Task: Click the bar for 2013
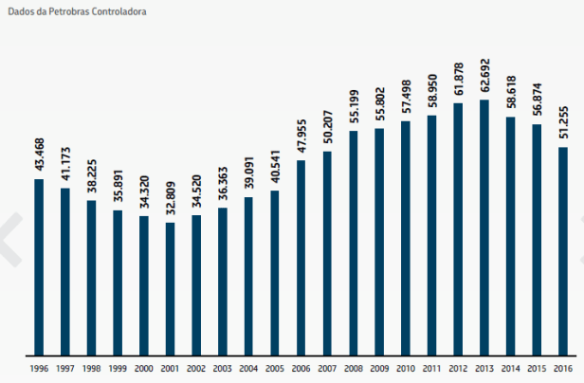[x=484, y=227]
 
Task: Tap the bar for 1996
[x=39, y=266]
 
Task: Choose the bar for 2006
[x=301, y=257]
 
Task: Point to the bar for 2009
[x=379, y=241]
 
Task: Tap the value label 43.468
[x=39, y=156]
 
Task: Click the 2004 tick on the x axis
[x=249, y=368]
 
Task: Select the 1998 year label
[x=92, y=368]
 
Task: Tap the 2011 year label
[x=432, y=368]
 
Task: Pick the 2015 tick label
[x=537, y=368]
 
